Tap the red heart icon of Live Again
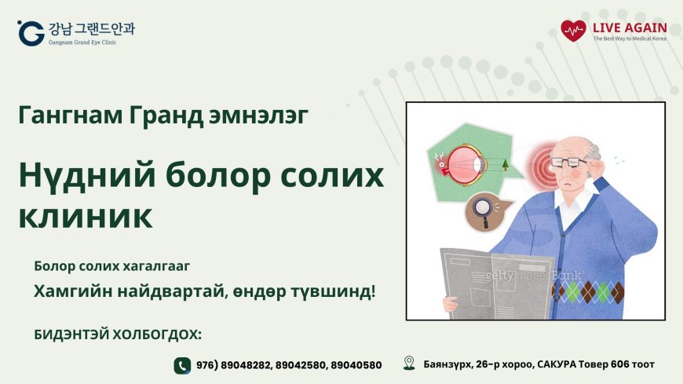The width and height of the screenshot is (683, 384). pyautogui.click(x=573, y=31)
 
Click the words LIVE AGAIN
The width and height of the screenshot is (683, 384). pyautogui.click(x=630, y=27)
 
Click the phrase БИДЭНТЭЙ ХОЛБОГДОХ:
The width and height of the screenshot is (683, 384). pyautogui.click(x=118, y=335)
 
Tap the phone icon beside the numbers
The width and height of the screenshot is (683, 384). pyautogui.click(x=182, y=364)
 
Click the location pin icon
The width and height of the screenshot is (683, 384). pyautogui.click(x=408, y=363)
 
